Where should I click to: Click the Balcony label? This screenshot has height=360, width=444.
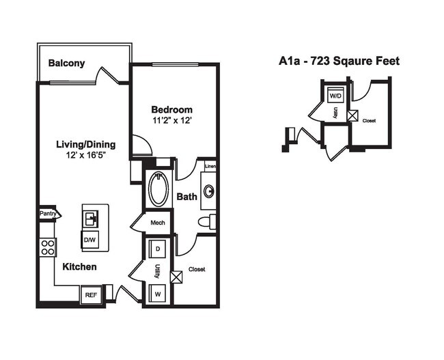(x=66, y=64)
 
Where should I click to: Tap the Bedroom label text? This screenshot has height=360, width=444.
(x=171, y=109)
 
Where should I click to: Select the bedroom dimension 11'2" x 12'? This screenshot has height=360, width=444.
(x=171, y=120)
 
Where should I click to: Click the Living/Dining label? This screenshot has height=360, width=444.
(x=85, y=144)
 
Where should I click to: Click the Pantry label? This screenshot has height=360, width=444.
(x=48, y=214)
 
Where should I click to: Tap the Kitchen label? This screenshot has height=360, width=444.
(x=80, y=266)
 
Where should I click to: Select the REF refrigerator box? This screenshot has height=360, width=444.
(x=90, y=295)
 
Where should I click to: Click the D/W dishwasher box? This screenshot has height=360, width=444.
(x=90, y=240)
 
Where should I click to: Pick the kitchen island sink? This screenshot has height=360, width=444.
(x=91, y=218)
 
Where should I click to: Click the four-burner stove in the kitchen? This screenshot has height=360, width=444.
(x=48, y=247)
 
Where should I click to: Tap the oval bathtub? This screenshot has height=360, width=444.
(x=159, y=189)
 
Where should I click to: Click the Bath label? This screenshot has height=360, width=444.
(x=187, y=197)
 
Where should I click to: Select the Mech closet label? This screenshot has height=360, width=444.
(x=158, y=222)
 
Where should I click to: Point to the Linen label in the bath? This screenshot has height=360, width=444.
(x=210, y=166)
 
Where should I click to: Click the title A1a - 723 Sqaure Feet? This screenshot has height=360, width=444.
(x=339, y=61)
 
